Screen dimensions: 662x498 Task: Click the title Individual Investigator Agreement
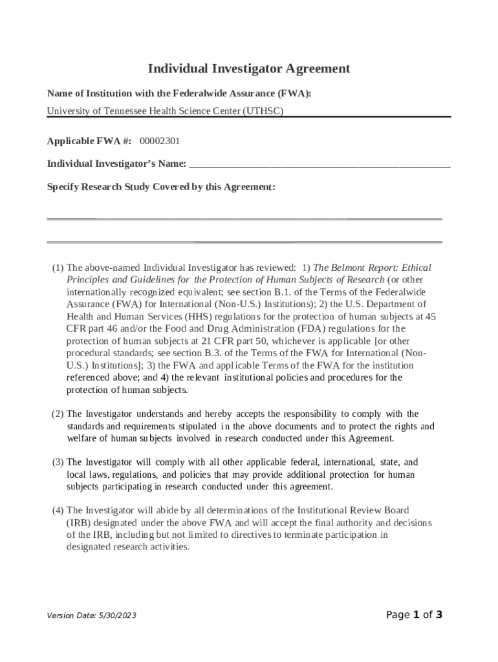tap(249, 69)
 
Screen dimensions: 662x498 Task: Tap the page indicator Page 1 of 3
tap(414, 615)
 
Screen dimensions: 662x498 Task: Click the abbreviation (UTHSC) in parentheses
tap(263, 111)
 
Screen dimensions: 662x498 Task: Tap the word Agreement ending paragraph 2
tap(369, 438)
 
